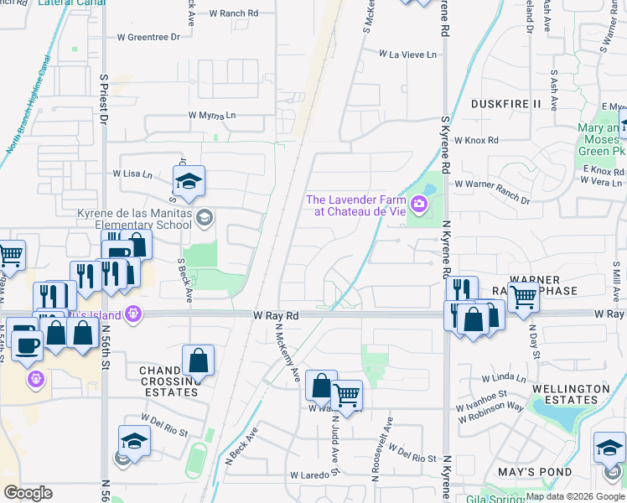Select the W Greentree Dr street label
[148, 38]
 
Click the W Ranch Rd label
[234, 13]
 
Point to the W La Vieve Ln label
[408, 54]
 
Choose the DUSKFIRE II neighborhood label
[506, 104]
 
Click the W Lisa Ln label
[132, 174]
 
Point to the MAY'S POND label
[535, 472]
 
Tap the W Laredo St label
[313, 474]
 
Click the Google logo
[28, 493]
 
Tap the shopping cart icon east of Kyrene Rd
[523, 296]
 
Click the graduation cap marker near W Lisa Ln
[189, 181]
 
